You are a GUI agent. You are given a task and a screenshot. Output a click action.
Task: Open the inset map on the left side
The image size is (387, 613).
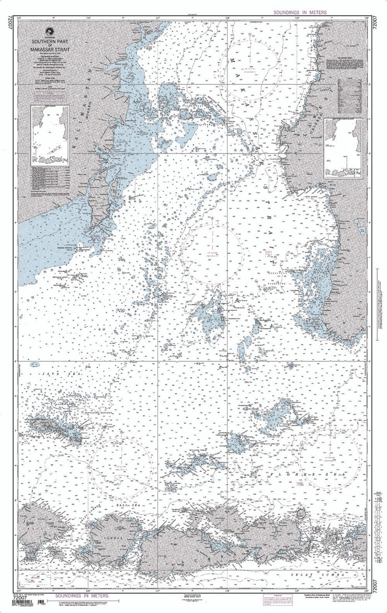pyautogui.click(x=50, y=134)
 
